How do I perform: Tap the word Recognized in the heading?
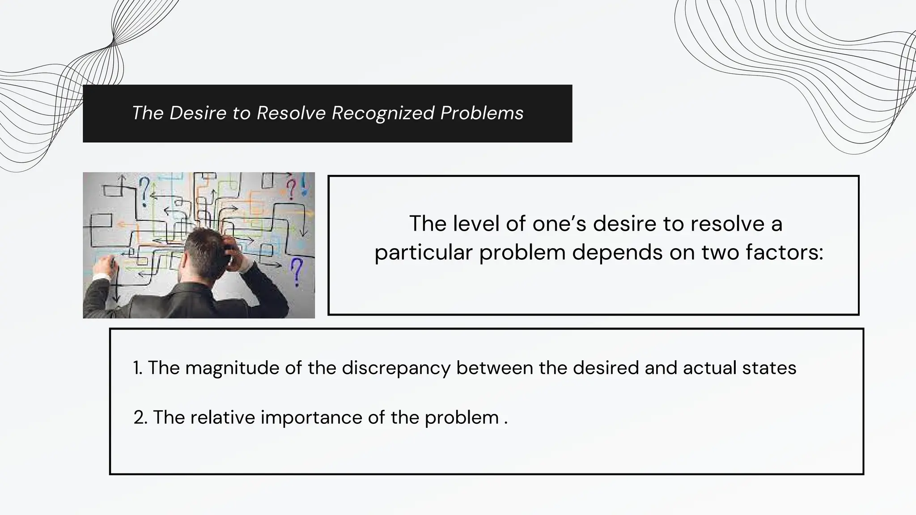pos(383,113)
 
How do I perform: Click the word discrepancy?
pos(396,368)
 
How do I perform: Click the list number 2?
pos(140,418)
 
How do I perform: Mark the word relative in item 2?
pos(223,418)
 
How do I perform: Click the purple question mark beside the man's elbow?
pos(296,272)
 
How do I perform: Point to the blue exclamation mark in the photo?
pos(305,184)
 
